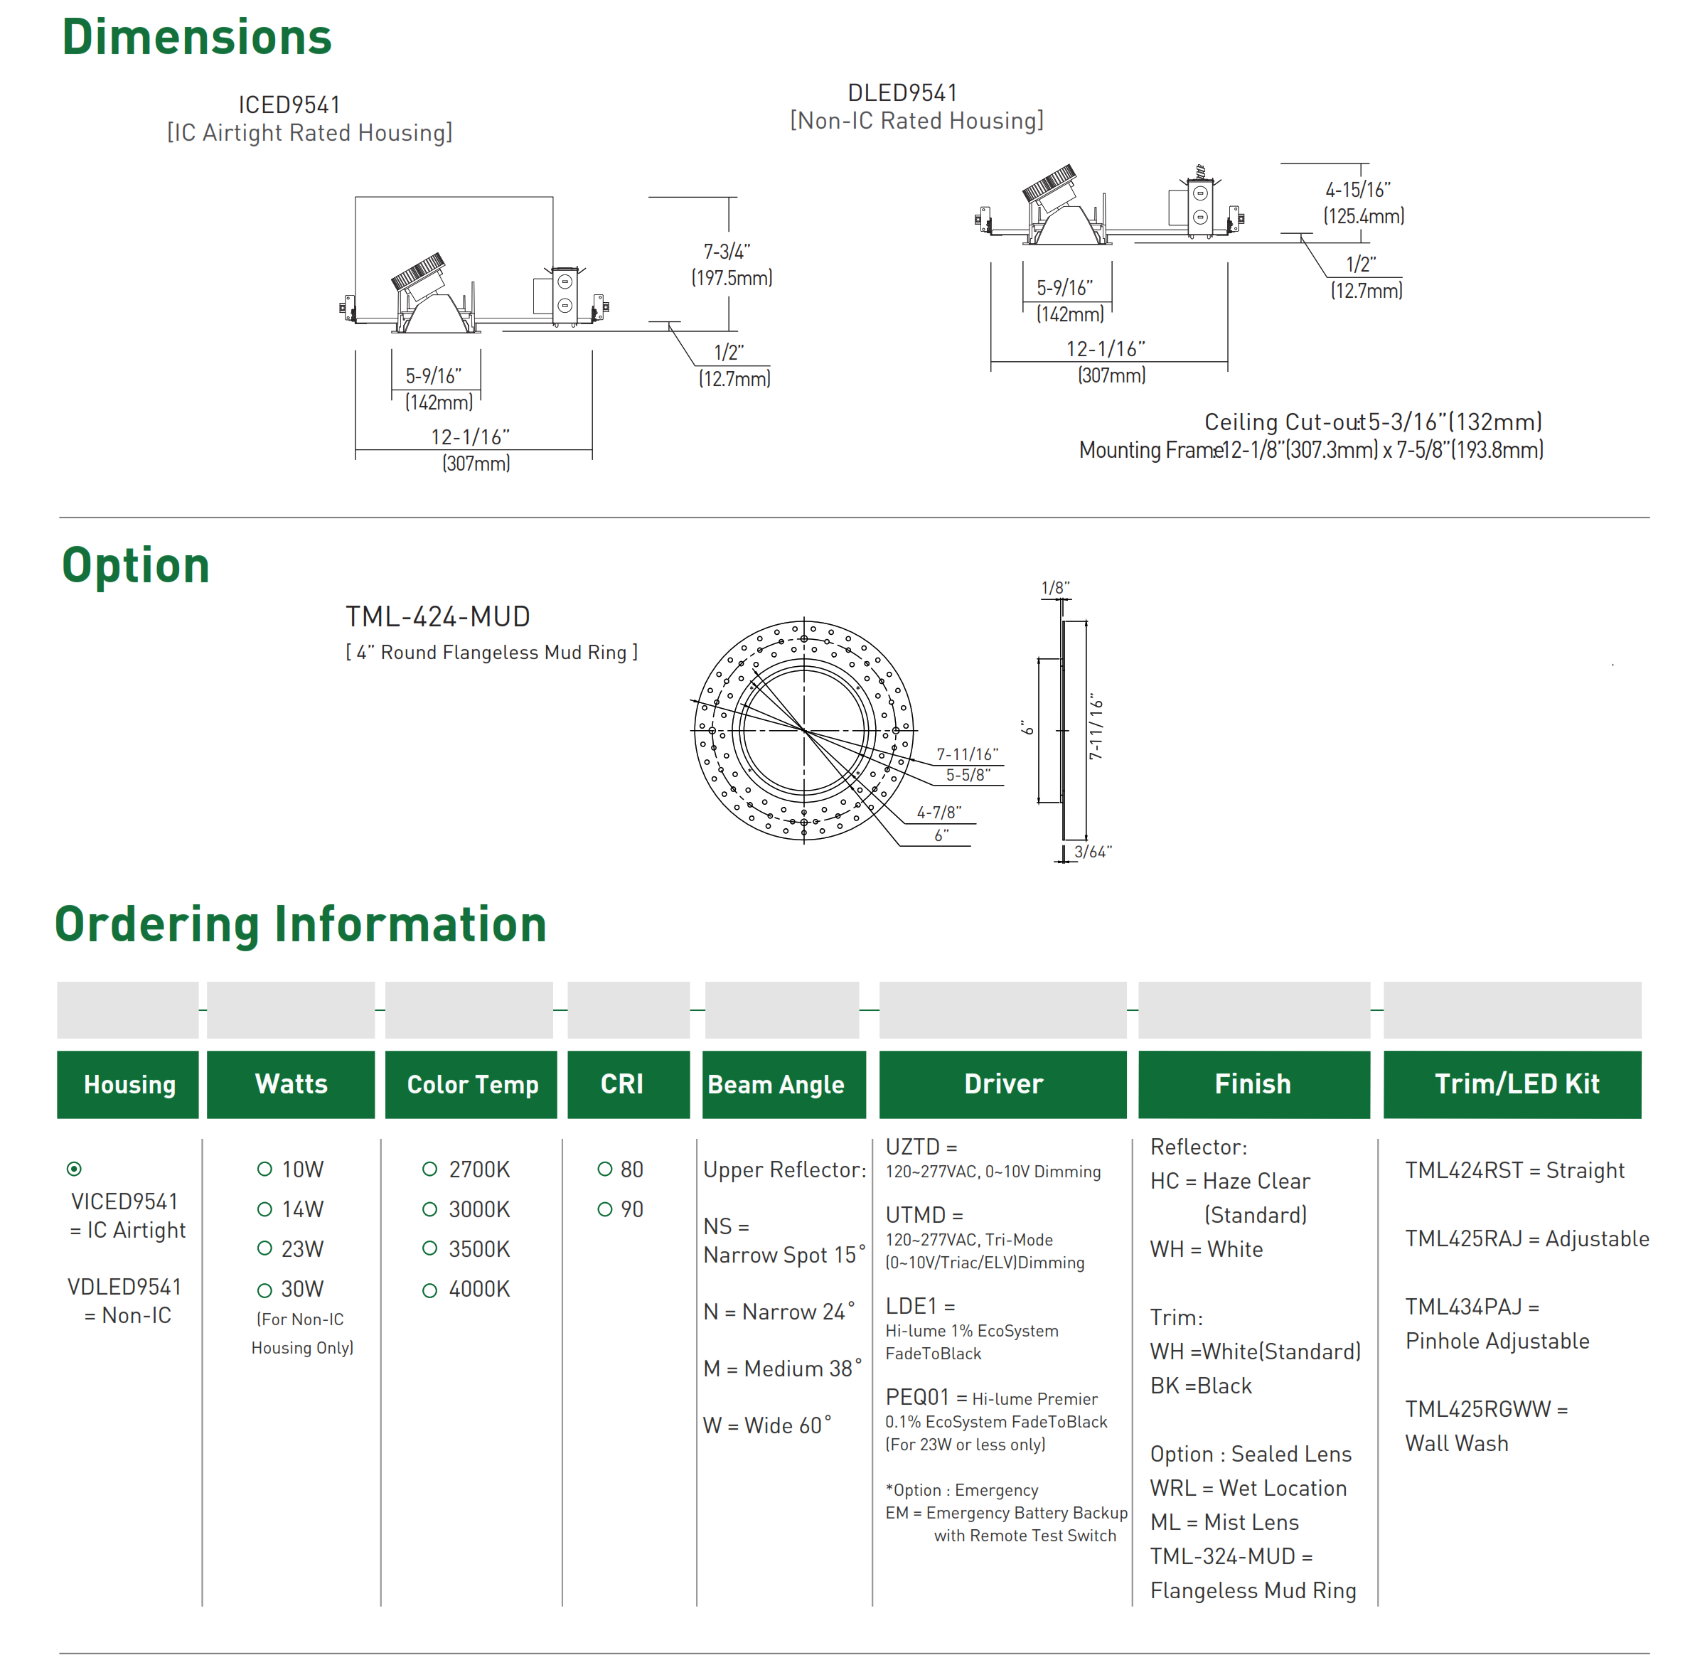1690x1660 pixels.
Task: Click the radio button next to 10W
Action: click(264, 1169)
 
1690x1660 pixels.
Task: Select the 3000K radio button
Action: click(429, 1209)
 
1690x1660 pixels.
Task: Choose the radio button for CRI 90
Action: click(604, 1209)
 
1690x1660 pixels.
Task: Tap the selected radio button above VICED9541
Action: click(74, 1169)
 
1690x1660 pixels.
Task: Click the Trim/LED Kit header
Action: click(1516, 1083)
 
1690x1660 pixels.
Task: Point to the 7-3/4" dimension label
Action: click(727, 252)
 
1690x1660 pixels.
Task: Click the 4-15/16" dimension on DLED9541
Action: click(1357, 190)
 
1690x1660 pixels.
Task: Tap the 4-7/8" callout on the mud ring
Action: click(938, 813)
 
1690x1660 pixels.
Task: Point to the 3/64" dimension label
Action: click(1093, 852)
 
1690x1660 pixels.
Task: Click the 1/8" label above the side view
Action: click(1054, 589)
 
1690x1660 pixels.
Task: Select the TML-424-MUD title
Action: click(438, 617)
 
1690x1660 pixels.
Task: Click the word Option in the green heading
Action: click(136, 565)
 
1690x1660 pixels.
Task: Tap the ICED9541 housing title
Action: click(289, 105)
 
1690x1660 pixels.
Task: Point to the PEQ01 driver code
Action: click(916, 1398)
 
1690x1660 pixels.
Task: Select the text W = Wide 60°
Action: click(767, 1425)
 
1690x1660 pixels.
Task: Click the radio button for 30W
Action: click(264, 1290)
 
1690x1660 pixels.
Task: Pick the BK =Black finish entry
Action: click(1201, 1386)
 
